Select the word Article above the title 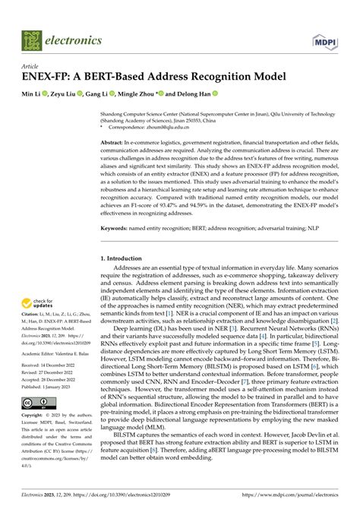tap(31, 67)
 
